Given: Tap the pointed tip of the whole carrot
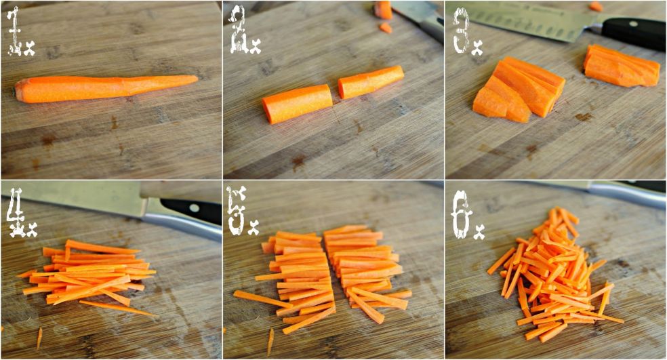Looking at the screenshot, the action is (197, 78).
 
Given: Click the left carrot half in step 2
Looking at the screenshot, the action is (297, 104).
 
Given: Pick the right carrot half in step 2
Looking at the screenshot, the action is (371, 82).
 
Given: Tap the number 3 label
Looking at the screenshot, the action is (461, 31).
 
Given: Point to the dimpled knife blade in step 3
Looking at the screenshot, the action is (527, 20).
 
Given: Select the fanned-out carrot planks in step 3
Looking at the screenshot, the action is (519, 89).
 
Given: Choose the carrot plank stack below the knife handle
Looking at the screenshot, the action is (621, 66).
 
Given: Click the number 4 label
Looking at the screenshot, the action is (16, 213).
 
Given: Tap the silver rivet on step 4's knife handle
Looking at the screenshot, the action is (195, 208).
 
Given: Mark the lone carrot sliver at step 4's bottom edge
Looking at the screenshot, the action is (39, 338).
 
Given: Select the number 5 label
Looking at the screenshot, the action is (237, 210).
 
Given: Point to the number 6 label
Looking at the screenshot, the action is (461, 214).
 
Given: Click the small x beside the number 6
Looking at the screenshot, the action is (479, 233).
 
